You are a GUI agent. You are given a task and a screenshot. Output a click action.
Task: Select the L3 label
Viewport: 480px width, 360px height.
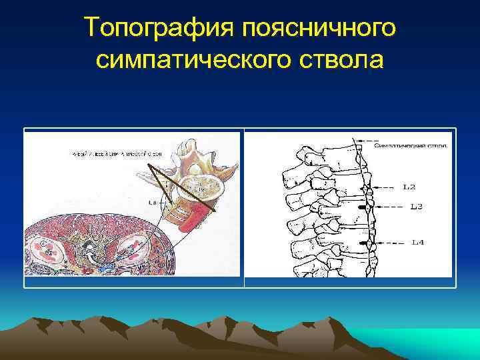[x=416, y=207]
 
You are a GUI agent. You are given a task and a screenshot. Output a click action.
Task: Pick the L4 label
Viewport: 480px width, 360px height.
[x=417, y=242]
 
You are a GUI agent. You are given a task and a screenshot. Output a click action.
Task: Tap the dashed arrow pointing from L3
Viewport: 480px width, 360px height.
[x=390, y=207]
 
